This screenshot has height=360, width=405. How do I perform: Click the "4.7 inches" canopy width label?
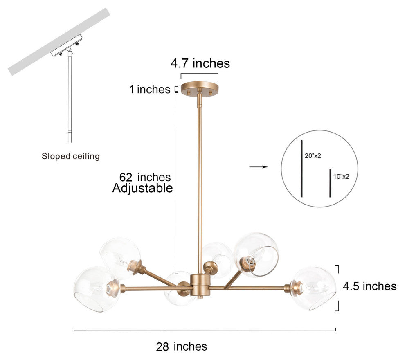tap(200, 63)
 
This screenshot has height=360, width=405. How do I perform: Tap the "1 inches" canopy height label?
tap(150, 89)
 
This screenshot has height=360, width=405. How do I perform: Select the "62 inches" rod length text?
tap(145, 177)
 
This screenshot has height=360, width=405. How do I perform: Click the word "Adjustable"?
tap(142, 189)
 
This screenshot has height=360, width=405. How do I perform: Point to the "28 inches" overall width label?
tap(182, 346)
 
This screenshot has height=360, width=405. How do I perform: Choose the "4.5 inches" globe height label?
tap(370, 286)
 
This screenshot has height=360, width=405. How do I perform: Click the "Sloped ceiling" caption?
tap(71, 156)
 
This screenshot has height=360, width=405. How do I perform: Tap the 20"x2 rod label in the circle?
tap(313, 156)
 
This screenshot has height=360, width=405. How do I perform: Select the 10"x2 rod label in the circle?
tap(341, 176)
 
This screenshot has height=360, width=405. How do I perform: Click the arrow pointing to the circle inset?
tap(259, 167)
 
